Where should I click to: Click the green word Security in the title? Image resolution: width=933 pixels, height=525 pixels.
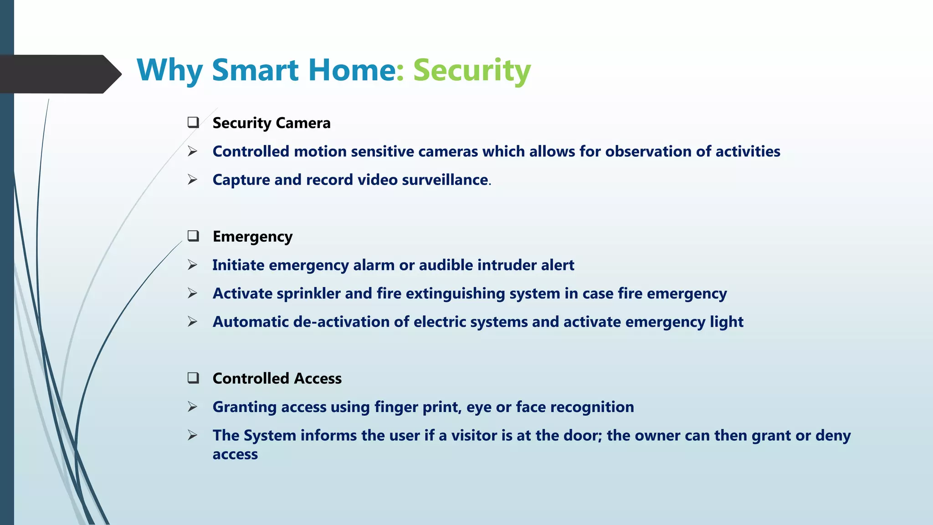click(472, 71)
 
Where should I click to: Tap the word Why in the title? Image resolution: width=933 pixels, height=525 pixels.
click(169, 71)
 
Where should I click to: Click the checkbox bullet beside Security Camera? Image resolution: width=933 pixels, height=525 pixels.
click(193, 122)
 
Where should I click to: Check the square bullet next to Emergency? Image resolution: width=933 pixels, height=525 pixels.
click(193, 236)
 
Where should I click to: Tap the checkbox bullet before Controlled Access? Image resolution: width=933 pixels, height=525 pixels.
click(193, 378)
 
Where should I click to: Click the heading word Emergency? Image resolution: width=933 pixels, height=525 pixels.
click(252, 237)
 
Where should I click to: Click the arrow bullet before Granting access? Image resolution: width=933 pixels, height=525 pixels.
click(193, 407)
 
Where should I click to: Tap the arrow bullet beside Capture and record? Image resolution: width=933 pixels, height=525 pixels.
click(193, 180)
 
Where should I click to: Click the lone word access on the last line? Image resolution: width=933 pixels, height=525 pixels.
click(235, 454)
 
